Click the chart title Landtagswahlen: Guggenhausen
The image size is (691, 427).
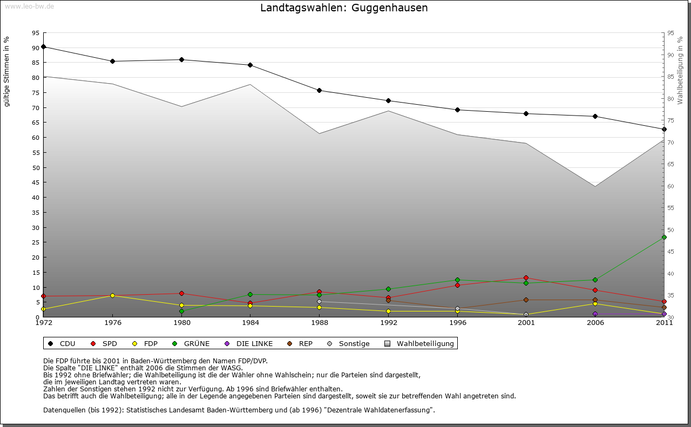pyautogui.click(x=344, y=8)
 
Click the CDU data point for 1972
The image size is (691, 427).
pyautogui.click(x=43, y=47)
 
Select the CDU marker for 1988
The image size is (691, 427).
pyautogui.click(x=319, y=90)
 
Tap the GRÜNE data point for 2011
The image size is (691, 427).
pyautogui.click(x=664, y=237)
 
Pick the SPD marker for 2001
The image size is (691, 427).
pyautogui.click(x=526, y=278)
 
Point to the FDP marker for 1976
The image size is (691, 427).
pyautogui.click(x=112, y=295)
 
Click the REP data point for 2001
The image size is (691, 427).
pyautogui.click(x=526, y=300)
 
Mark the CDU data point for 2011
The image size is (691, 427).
pyautogui.click(x=664, y=129)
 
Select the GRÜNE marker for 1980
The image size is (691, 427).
pyautogui.click(x=181, y=311)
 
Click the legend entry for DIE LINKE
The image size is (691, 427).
pyautogui.click(x=249, y=343)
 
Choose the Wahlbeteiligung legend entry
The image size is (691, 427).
pyautogui.click(x=421, y=343)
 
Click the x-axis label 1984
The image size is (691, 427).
pyautogui.click(x=250, y=323)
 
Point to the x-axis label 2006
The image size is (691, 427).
pyautogui.click(x=595, y=323)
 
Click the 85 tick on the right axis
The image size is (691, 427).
pyautogui.click(x=670, y=77)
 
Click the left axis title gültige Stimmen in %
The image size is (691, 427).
pyautogui.click(x=7, y=71)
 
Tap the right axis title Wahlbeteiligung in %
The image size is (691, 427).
pyautogui.click(x=680, y=70)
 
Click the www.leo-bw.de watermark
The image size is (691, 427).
pyautogui.click(x=29, y=6)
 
